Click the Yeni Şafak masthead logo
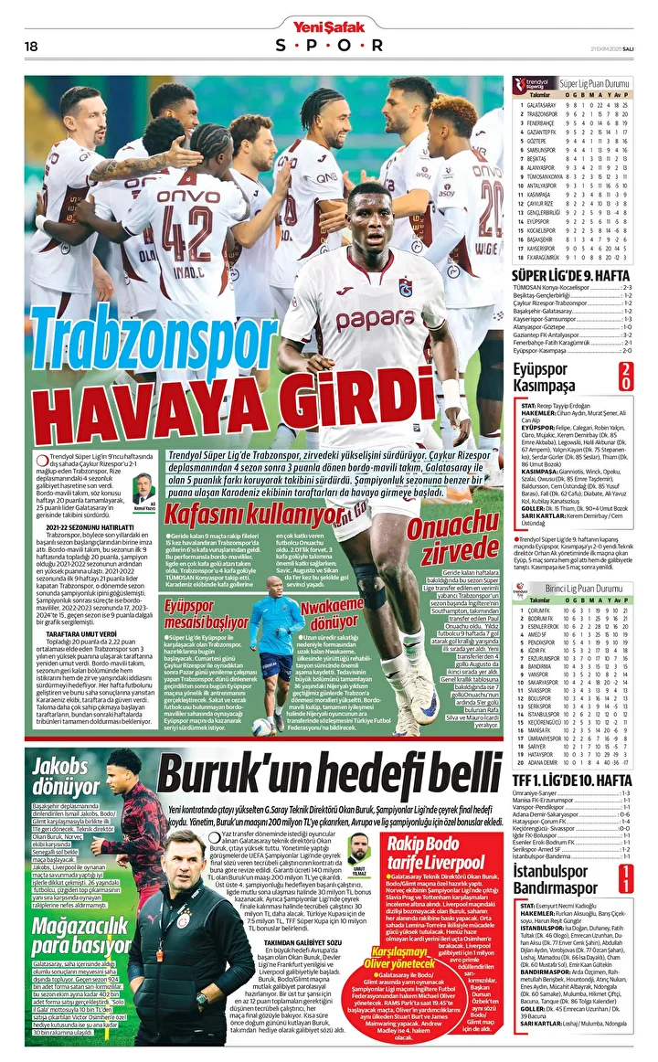(x=328, y=27)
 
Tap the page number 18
(x=30, y=46)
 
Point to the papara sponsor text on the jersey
(x=375, y=319)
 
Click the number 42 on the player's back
(x=188, y=236)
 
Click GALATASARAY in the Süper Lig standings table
(x=543, y=105)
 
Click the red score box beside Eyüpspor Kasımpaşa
(x=626, y=376)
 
